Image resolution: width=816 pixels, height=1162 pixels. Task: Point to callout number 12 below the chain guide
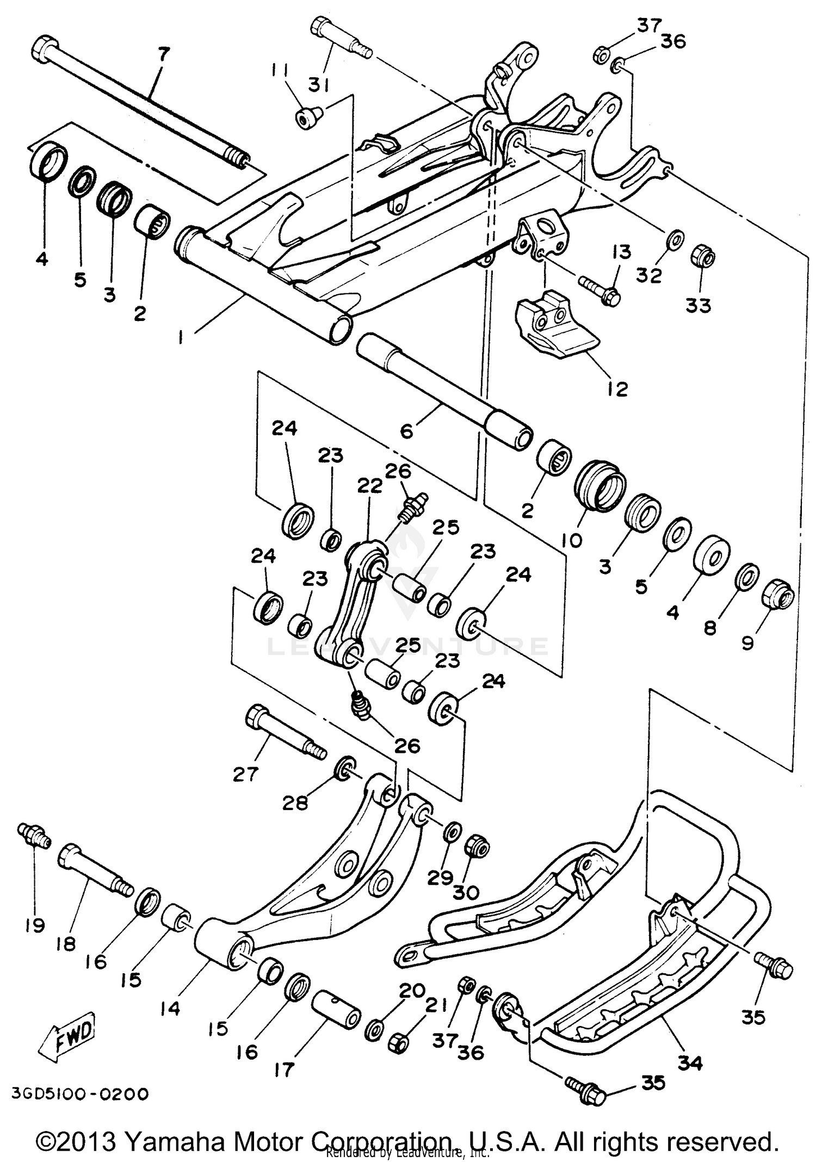[617, 388]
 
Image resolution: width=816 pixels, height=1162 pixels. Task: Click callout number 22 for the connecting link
[370, 486]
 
